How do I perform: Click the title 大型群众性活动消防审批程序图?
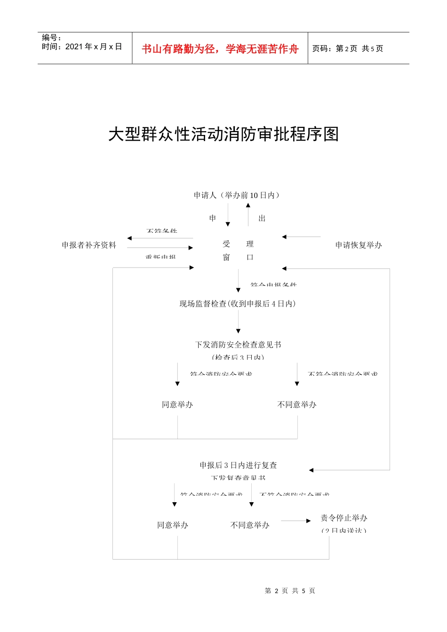pos(223,134)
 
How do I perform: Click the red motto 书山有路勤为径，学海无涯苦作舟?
pos(220,49)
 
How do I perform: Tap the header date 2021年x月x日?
pos(94,47)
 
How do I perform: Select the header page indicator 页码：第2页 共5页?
pos(348,48)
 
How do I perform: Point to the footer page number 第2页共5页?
pos(290,591)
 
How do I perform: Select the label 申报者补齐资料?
pos(89,245)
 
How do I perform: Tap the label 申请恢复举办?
pos(359,245)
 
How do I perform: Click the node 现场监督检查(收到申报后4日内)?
pos(238,304)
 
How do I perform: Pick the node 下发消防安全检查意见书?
pos(238,345)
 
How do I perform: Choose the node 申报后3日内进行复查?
pos(238,465)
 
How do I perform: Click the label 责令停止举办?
pos(344,518)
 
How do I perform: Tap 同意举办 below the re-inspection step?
pos(173,525)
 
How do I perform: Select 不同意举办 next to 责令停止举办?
pos(250,525)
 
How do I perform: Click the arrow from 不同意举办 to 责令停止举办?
pos(296,521)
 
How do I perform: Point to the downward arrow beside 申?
pos(228,216)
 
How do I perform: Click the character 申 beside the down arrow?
pos(213,218)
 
